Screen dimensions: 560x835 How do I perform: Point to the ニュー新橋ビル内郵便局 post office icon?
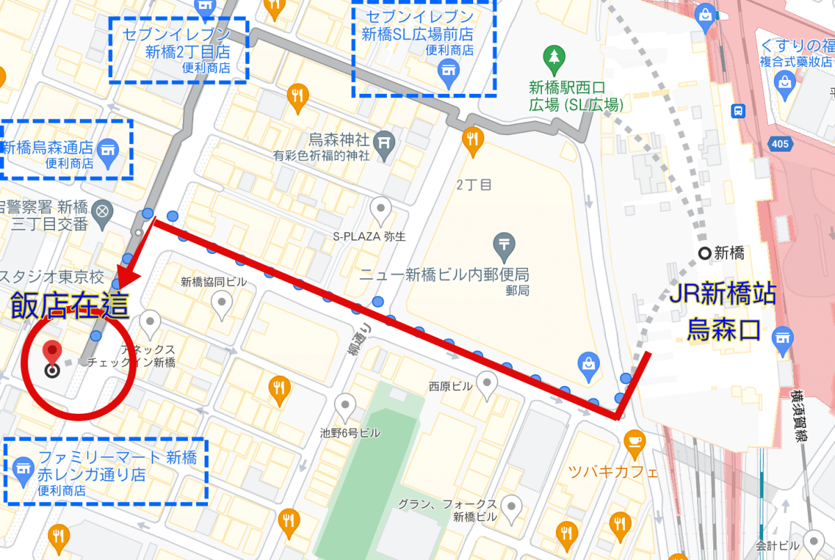click(x=503, y=245)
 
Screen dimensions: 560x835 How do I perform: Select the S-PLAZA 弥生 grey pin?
click(x=380, y=208)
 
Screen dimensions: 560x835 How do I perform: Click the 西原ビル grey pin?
click(x=486, y=382)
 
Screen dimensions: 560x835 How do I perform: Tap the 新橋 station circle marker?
click(x=706, y=253)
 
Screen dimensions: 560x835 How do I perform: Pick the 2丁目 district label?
click(x=474, y=184)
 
